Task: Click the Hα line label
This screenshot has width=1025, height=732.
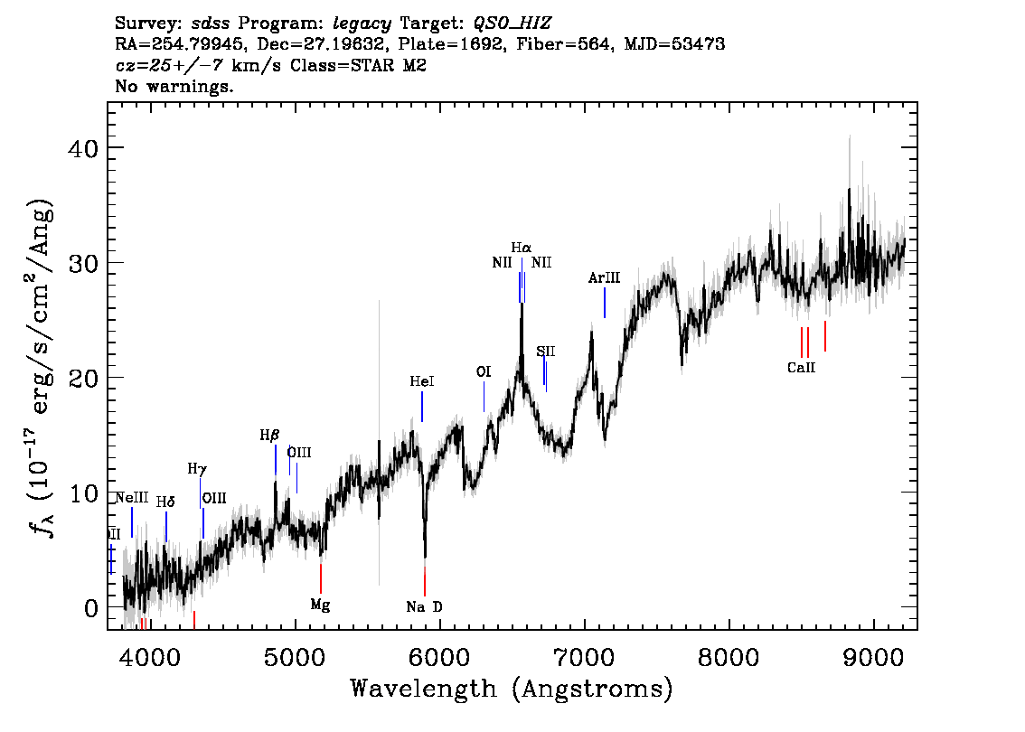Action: [521, 248]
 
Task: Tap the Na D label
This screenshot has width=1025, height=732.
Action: [424, 607]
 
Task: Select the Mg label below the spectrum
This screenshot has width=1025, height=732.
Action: [320, 605]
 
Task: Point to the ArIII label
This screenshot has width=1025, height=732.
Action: [604, 277]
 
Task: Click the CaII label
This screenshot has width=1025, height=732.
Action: [802, 367]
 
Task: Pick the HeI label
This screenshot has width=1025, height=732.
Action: [421, 381]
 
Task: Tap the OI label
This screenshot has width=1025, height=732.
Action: [483, 372]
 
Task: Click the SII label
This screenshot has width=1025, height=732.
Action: [546, 352]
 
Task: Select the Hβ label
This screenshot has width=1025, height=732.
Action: [269, 436]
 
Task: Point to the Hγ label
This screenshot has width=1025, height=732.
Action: [197, 469]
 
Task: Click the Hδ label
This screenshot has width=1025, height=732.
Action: [165, 502]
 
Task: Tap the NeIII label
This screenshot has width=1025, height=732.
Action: [131, 498]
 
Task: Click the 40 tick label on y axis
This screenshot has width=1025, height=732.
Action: [83, 148]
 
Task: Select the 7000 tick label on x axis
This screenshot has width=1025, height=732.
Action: [584, 657]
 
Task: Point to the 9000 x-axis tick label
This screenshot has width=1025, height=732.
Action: [872, 657]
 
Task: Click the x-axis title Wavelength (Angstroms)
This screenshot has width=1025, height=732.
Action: [512, 689]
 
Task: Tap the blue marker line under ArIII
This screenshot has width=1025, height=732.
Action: [605, 303]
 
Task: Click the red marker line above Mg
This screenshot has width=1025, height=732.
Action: [320, 578]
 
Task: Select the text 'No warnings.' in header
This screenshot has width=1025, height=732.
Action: [174, 86]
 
